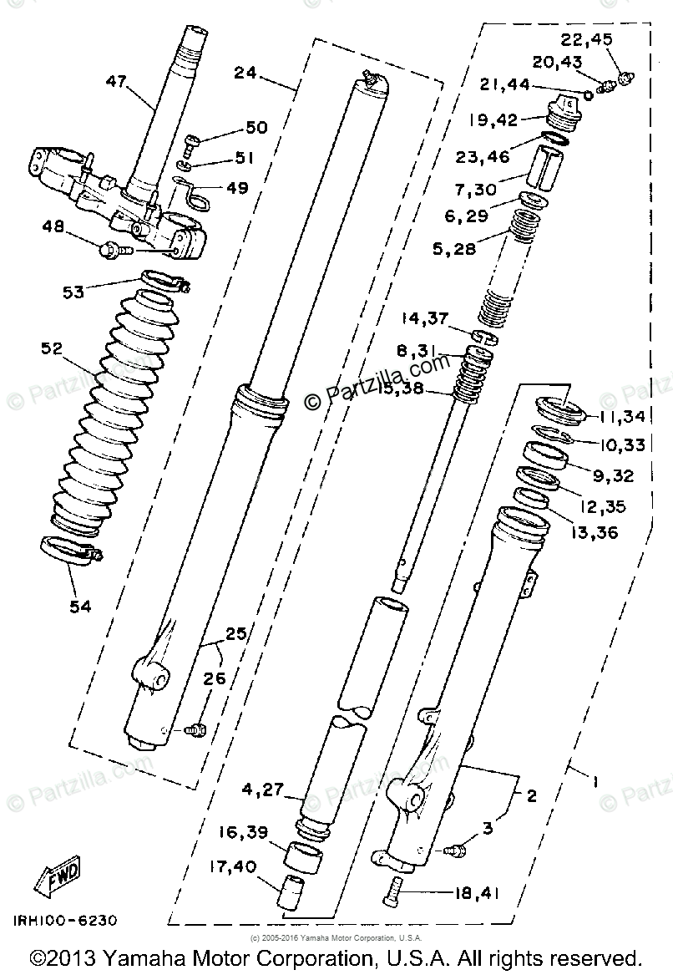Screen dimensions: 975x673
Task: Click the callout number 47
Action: coord(117,81)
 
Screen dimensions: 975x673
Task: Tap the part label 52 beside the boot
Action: coord(53,348)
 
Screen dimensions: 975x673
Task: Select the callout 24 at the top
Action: coord(245,73)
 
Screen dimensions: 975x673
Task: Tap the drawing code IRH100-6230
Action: coord(63,922)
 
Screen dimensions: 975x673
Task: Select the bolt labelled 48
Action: coord(114,247)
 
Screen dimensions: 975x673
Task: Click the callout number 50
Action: coord(256,127)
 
